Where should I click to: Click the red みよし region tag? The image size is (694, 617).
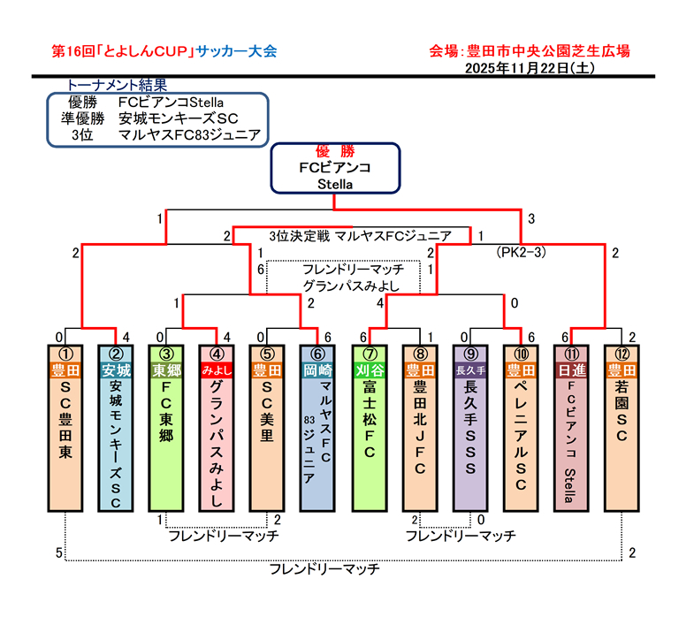coord(217,369)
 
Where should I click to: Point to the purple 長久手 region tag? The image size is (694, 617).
coord(469,369)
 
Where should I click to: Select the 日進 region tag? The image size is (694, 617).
coord(570,369)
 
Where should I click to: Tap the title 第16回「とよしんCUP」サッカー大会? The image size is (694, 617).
coord(164,50)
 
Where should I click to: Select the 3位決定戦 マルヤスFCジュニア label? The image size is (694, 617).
coord(360,235)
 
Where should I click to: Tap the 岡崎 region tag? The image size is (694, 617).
coord(316,369)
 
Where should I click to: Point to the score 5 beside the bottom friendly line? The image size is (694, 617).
coord(59,553)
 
